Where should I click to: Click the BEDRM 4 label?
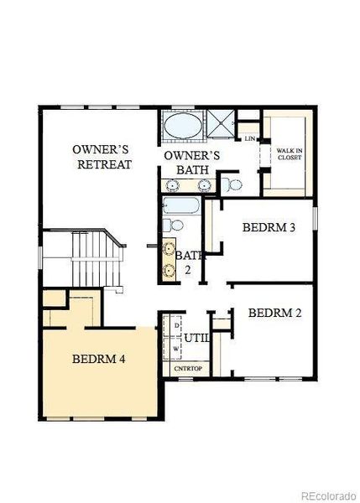pyautogui.click(x=99, y=359)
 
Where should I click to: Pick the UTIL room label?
pyautogui.click(x=197, y=338)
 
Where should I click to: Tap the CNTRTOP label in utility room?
pyautogui.click(x=185, y=368)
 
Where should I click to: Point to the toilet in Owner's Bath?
pyautogui.click(x=234, y=184)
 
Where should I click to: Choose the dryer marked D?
pyautogui.click(x=175, y=324)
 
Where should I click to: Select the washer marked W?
pyautogui.click(x=175, y=346)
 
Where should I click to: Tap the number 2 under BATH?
pyautogui.click(x=188, y=270)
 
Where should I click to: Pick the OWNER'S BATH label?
pyautogui.click(x=191, y=163)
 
